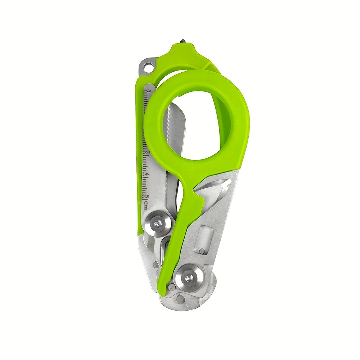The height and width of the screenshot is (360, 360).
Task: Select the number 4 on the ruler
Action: click(x=148, y=175)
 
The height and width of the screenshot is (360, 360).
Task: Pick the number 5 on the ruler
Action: click(x=147, y=196)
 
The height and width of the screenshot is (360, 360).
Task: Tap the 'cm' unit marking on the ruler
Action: click(x=146, y=204)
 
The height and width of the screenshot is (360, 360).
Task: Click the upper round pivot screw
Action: click(x=158, y=224)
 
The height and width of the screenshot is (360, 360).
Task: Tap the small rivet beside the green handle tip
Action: click(x=172, y=287)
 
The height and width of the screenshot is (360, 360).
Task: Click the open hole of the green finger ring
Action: click(x=196, y=126)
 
